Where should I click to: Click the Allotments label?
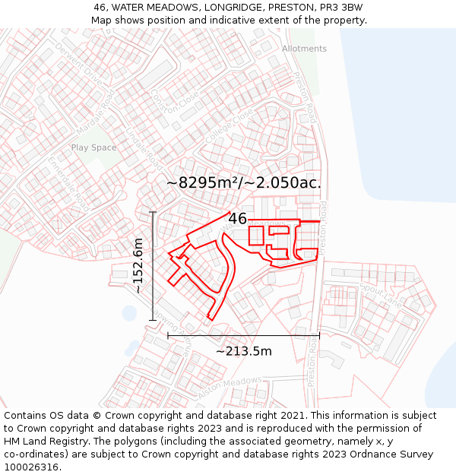tap(304, 49)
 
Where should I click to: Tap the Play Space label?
tap(93, 147)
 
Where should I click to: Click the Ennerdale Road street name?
tap(68, 179)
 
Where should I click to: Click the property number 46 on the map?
tap(237, 219)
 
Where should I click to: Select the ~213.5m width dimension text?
tap(243, 351)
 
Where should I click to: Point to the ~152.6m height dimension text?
tap(138, 265)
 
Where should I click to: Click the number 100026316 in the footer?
tap(33, 467)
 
